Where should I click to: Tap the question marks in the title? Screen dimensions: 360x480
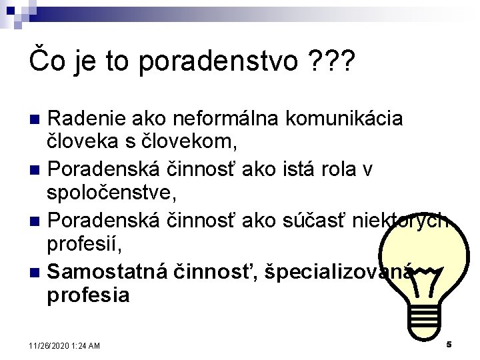point(332,61)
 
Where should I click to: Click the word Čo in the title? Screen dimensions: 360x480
point(45,61)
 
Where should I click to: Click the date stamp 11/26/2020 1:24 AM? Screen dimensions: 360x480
point(65,345)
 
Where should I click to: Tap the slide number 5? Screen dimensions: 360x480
point(449,345)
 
